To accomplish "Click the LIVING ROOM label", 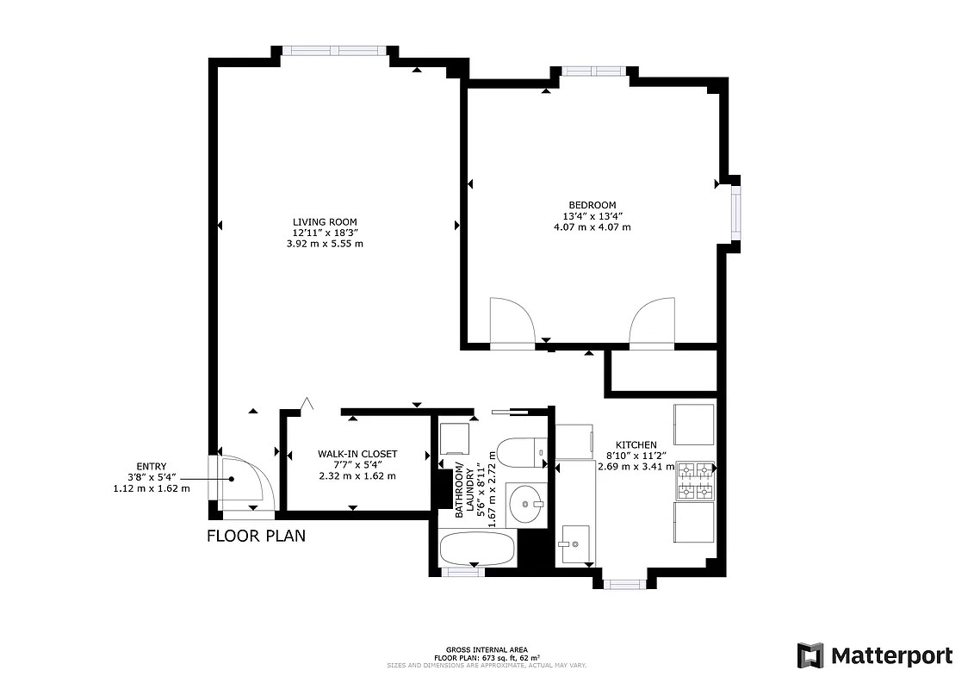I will click(x=324, y=221).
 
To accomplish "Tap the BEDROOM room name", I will click(x=592, y=205).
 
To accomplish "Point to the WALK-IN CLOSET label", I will click(x=357, y=454).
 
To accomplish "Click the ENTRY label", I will click(x=151, y=466).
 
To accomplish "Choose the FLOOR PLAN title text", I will click(x=256, y=537).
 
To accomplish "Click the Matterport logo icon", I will click(x=810, y=655).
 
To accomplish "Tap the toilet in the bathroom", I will click(x=523, y=452).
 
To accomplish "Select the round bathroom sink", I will click(x=525, y=504).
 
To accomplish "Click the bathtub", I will click(x=477, y=549).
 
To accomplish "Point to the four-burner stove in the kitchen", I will click(x=696, y=481).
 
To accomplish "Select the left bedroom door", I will click(x=511, y=322).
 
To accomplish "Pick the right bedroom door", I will click(x=652, y=322).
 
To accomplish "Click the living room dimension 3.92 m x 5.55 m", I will click(x=324, y=244).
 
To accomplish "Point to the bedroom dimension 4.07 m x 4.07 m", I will click(x=592, y=227).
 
